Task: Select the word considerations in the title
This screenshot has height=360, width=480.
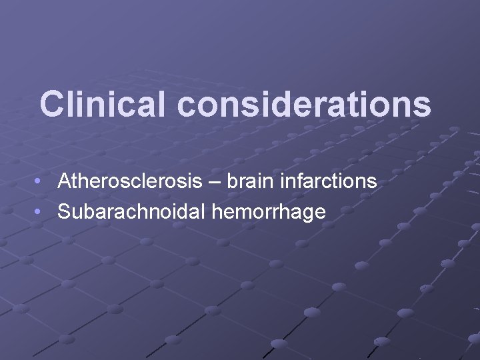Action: tap(304, 104)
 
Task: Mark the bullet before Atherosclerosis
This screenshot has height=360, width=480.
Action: tap(41, 181)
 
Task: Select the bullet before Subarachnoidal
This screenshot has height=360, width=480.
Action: tap(41, 213)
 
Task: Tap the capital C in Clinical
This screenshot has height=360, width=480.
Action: tap(51, 104)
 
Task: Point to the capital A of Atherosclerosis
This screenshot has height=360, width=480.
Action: tap(64, 181)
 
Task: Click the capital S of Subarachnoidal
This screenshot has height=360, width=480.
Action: tap(64, 212)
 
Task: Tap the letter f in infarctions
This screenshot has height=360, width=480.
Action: tap(303, 181)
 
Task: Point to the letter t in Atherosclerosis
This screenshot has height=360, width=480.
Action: tap(76, 181)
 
